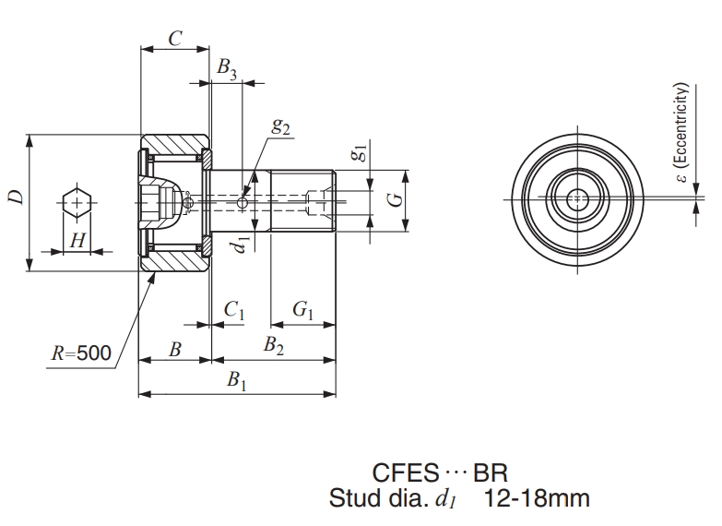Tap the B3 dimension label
click(x=227, y=68)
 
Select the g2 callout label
click(x=281, y=127)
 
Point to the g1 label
click(x=360, y=153)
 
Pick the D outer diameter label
click(x=16, y=197)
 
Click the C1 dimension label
click(x=234, y=313)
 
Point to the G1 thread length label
click(x=303, y=313)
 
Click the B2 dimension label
click(x=274, y=348)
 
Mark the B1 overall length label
click(x=237, y=381)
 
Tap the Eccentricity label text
click(x=681, y=129)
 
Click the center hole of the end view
click(x=577, y=198)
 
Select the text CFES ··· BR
click(x=441, y=474)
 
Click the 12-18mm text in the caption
click(x=537, y=499)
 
